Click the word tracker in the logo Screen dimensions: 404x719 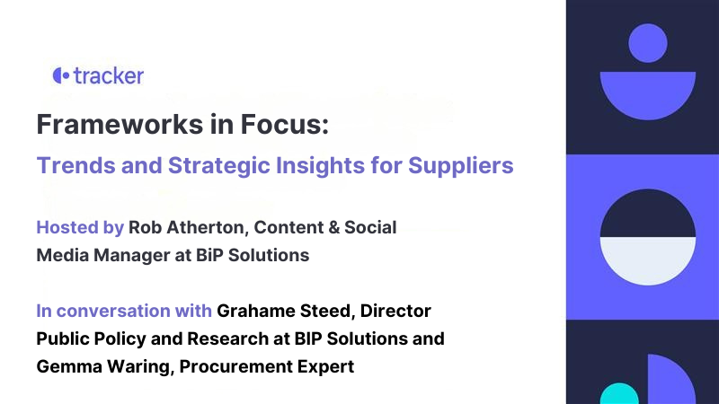point(108,75)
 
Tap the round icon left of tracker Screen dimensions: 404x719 point(60,75)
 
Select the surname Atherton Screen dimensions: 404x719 point(209,227)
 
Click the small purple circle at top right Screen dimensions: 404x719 point(647,42)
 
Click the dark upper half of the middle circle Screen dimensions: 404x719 point(648,216)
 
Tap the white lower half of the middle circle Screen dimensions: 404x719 point(648,260)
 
